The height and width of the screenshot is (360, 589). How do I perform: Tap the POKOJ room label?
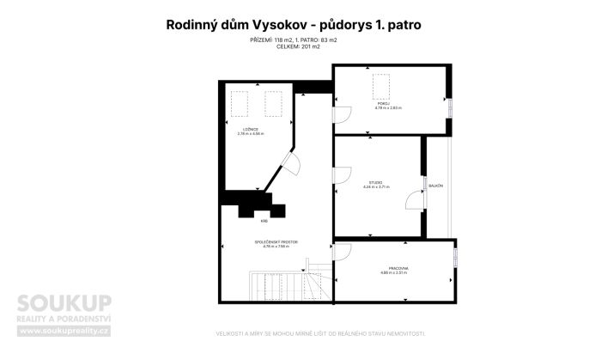[389, 103]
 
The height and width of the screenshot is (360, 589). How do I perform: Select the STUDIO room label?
[376, 181]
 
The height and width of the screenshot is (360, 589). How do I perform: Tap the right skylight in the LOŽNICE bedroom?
[273, 103]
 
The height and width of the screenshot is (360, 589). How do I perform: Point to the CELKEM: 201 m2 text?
[294, 46]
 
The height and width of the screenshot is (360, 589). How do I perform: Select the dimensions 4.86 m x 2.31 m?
[395, 274]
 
